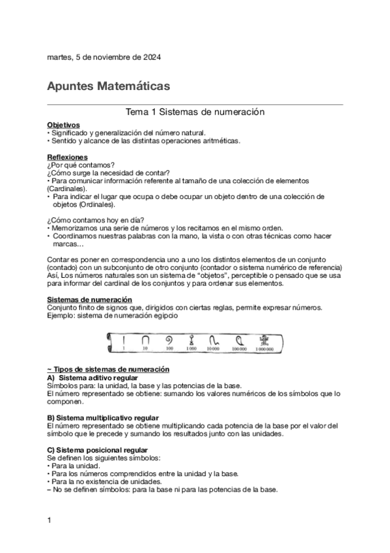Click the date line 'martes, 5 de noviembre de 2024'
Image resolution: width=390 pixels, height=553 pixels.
[104, 57]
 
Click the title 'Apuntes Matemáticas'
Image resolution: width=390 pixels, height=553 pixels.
[109, 85]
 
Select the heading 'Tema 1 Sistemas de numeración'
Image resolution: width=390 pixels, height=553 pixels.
[195, 112]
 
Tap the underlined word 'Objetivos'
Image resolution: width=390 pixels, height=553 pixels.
[63, 124]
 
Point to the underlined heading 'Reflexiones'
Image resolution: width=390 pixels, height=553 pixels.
[67, 157]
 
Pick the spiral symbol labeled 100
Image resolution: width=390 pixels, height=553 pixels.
[169, 339]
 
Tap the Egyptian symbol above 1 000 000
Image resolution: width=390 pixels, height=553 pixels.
[264, 339]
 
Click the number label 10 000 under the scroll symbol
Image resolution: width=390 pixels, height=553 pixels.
[213, 349]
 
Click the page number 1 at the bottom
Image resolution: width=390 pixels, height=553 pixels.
[49, 520]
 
